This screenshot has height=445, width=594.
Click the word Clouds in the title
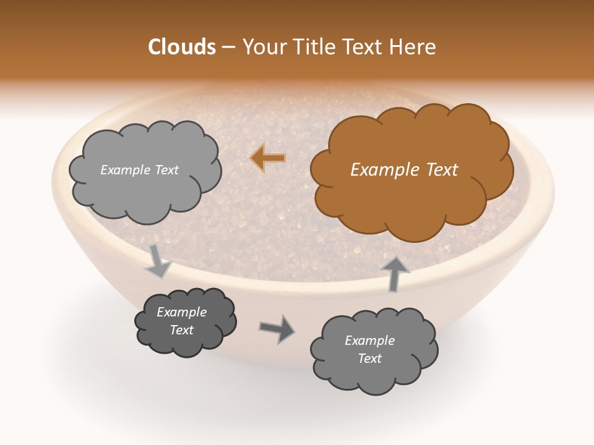[182, 47]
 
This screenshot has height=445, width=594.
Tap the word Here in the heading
[415, 47]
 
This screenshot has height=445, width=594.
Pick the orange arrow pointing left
[267, 158]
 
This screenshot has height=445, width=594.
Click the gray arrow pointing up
[395, 273]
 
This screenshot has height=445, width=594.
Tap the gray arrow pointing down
[158, 261]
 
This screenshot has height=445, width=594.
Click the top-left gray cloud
[145, 192]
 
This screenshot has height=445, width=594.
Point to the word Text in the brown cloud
[441, 170]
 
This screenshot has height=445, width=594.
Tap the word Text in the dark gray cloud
[182, 330]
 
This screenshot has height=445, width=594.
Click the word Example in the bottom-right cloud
[369, 341]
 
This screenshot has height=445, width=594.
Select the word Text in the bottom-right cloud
[369, 358]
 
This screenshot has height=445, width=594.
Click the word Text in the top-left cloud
[166, 170]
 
